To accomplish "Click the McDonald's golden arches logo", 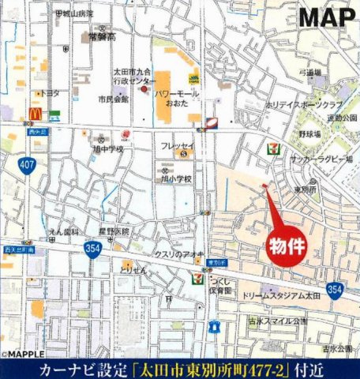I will [x=35, y=114].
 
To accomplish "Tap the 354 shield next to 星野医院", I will [x=92, y=247].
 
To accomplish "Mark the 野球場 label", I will [x=310, y=134].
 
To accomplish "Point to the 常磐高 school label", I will [x=102, y=36].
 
